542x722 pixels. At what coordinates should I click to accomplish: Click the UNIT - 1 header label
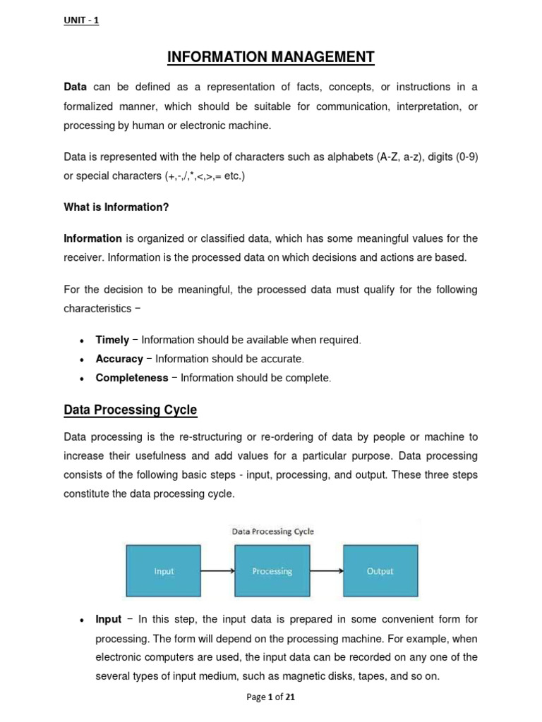(81, 20)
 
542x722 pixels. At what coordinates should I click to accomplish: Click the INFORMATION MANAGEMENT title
(270, 57)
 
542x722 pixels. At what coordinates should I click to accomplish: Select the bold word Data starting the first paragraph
(75, 87)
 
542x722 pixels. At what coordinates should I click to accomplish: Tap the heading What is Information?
(116, 207)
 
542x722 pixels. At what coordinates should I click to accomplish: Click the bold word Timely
(112, 340)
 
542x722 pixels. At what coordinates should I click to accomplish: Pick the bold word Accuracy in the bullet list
(119, 359)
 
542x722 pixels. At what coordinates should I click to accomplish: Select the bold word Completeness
(131, 378)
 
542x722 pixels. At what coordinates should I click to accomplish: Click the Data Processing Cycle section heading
(130, 410)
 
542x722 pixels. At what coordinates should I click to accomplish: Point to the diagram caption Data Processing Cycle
(272, 532)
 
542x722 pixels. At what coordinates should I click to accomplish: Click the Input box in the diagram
(164, 571)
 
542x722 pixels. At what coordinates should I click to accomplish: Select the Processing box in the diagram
(272, 571)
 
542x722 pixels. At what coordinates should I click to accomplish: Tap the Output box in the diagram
(380, 571)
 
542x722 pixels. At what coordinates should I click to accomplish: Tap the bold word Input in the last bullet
(109, 620)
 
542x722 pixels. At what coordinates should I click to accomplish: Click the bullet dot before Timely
(83, 341)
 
